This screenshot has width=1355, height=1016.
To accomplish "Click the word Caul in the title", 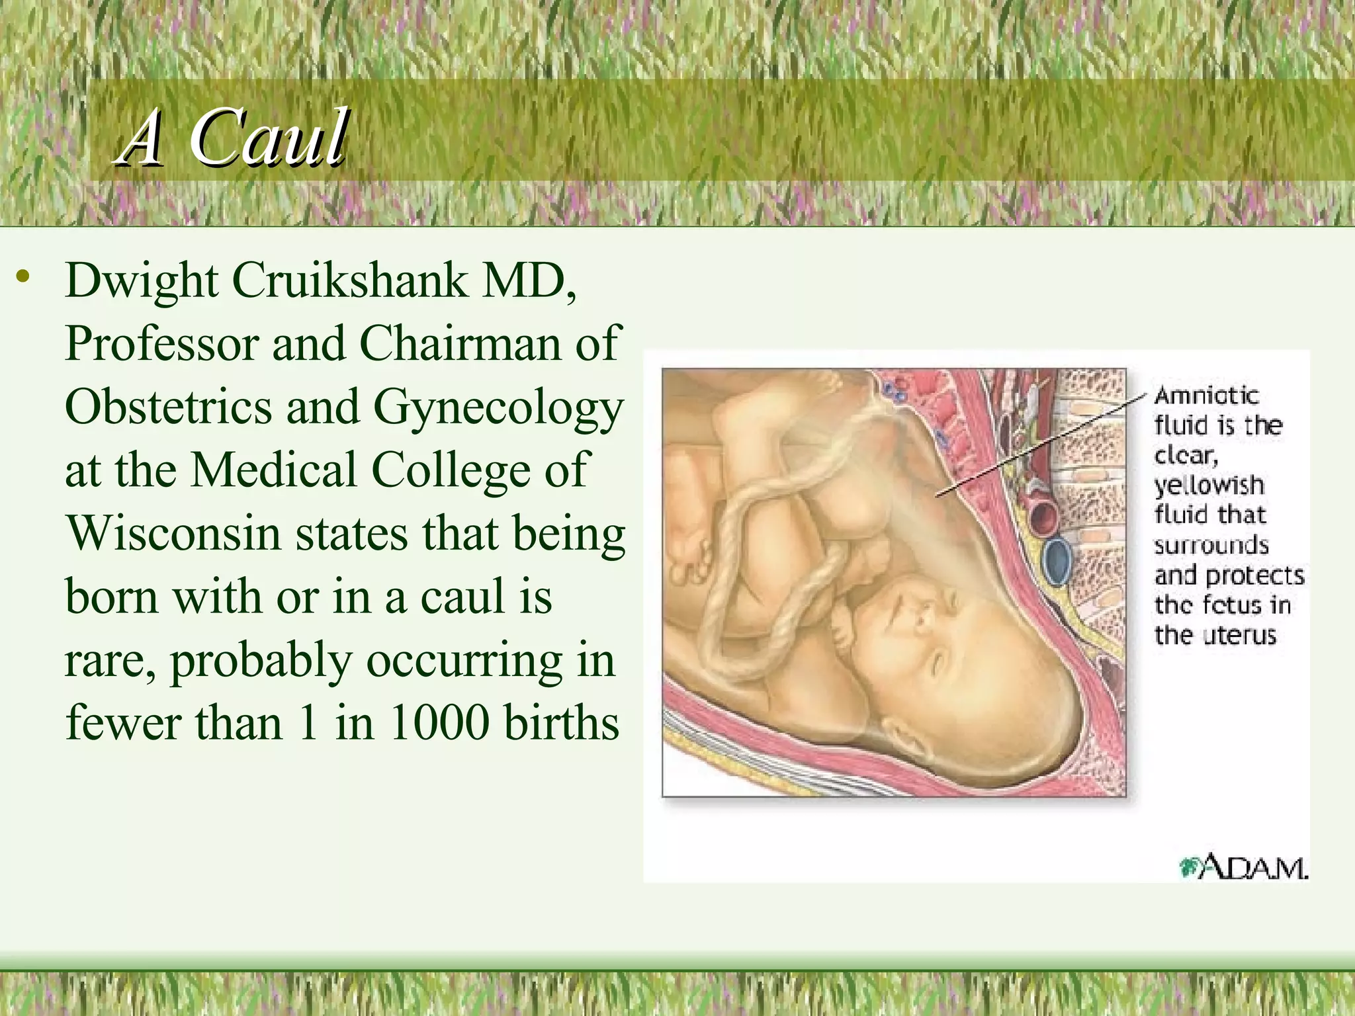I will coord(269,138).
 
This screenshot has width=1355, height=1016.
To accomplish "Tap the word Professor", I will coord(161,344).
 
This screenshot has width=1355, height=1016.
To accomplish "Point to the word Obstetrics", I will coord(168,407).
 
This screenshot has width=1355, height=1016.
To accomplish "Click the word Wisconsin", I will coord(173,533).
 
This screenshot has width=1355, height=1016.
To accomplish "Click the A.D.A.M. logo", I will coord(1243,867).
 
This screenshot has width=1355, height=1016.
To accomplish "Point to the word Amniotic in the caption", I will coord(1206,396).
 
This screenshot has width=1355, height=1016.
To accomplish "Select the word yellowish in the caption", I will coord(1209,486).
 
